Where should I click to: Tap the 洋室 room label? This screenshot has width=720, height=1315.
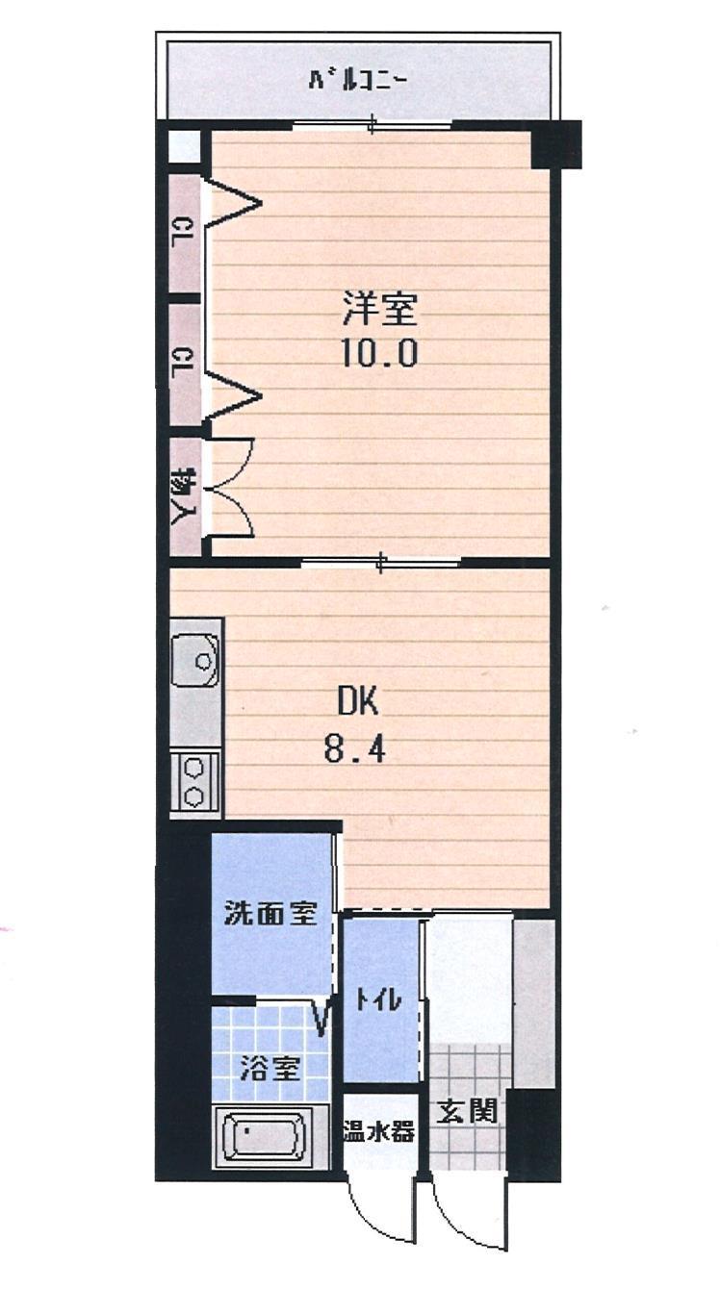[380, 310]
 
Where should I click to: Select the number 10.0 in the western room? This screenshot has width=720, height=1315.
[380, 353]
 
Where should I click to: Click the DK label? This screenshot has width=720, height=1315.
[358, 701]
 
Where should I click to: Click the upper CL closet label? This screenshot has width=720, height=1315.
[185, 232]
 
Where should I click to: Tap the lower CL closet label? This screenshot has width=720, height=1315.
[185, 363]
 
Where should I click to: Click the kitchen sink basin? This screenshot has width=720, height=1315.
[195, 660]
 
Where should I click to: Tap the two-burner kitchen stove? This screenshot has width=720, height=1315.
[194, 782]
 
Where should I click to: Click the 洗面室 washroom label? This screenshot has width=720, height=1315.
[271, 913]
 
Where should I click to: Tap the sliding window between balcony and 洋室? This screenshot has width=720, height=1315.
[373, 124]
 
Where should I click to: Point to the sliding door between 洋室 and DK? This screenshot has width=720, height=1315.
[381, 563]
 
